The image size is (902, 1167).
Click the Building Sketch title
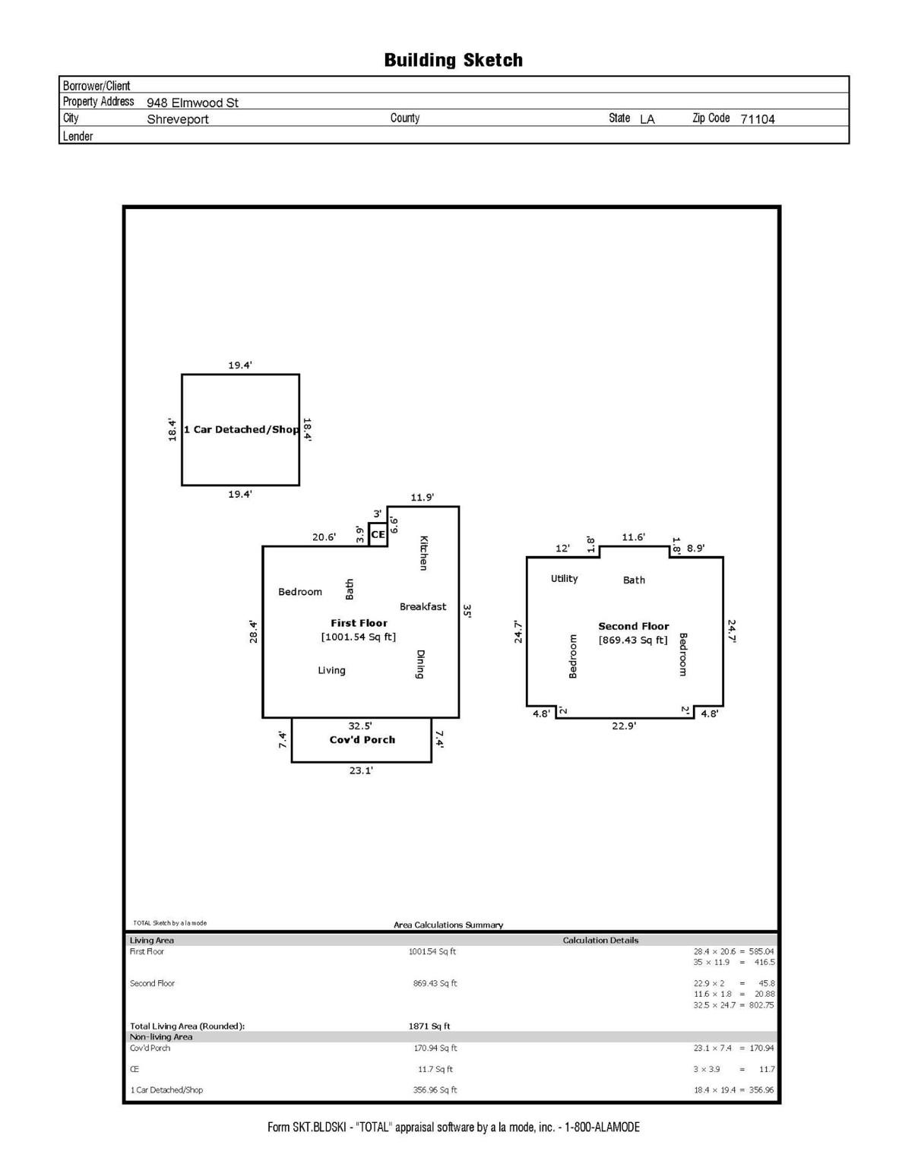click(453, 60)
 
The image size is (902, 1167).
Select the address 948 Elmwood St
click(192, 103)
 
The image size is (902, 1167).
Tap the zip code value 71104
click(757, 119)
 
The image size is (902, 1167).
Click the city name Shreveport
click(177, 119)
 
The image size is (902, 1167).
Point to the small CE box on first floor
click(378, 534)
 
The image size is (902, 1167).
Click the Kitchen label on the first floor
click(424, 552)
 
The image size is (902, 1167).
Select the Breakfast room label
click(423, 606)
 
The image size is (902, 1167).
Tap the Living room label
click(331, 670)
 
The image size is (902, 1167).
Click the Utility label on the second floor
click(564, 578)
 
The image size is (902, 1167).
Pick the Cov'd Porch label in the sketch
click(362, 739)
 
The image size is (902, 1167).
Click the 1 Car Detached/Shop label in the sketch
click(241, 429)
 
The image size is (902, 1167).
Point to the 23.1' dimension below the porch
click(361, 770)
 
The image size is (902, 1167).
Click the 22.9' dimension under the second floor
click(624, 726)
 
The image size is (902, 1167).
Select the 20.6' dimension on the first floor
click(324, 537)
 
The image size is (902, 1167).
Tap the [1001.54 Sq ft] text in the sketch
click(359, 637)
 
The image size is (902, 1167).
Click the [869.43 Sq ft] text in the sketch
click(633, 640)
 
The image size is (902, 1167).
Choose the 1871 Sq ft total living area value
click(429, 1026)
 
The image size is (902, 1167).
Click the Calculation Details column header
click(600, 940)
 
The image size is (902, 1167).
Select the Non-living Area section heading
click(161, 1036)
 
